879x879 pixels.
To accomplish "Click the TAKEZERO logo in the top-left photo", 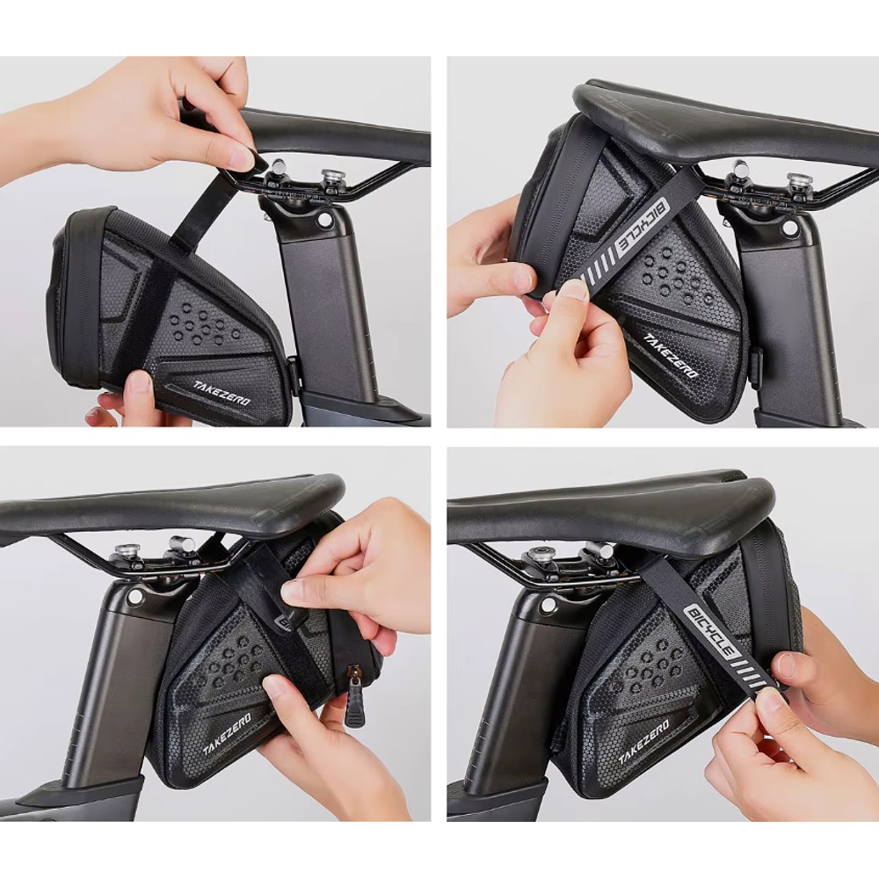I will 222,393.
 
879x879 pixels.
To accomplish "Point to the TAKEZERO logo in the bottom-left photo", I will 227,735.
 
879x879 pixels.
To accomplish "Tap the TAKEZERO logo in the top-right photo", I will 670,356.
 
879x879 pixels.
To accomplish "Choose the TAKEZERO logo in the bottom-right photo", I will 643,742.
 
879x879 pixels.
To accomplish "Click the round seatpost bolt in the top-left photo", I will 323,221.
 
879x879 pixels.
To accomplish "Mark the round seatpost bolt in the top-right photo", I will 789,228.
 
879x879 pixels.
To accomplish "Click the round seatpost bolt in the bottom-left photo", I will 134,597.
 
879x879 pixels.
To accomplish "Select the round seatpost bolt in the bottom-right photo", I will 548,605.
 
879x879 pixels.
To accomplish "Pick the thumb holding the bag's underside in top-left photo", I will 138,383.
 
